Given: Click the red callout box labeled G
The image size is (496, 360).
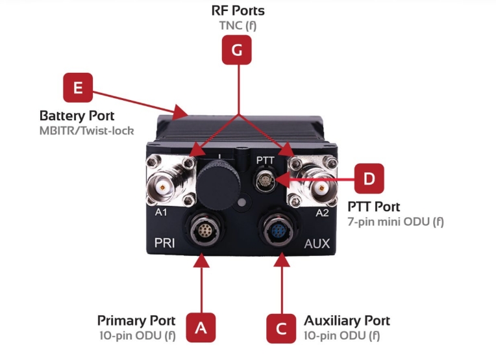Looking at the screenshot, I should point(238,50).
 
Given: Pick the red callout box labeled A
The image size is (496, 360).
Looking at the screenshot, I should point(201,327).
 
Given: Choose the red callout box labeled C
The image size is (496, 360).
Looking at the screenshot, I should point(282,327).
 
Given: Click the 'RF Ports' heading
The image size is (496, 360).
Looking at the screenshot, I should point(238,11).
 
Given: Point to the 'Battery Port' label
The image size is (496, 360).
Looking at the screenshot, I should point(77,116).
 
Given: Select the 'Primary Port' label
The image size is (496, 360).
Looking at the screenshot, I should point(136,321).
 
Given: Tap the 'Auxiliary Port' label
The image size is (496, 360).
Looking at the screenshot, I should point(347,321).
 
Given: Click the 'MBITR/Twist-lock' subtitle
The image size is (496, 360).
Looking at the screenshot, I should point(86,131).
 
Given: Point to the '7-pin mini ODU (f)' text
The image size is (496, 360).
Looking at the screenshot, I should point(395,222).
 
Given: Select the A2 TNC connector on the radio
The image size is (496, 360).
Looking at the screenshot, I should point(317,188).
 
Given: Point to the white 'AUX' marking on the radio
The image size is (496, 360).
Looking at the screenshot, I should point(317,244).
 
